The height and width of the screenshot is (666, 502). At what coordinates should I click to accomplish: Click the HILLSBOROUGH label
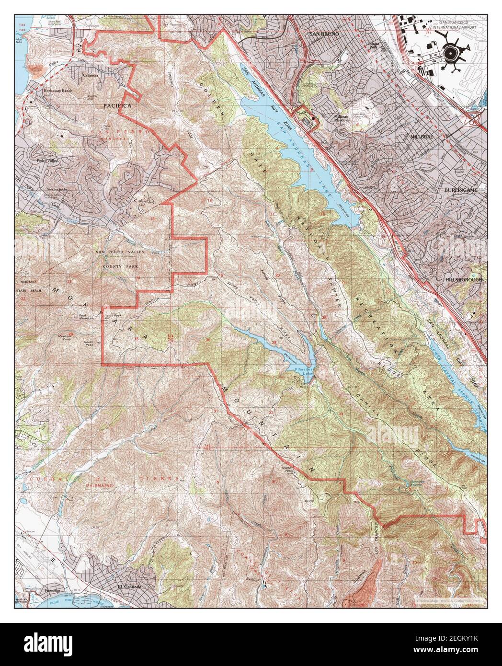(x=464, y=279)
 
